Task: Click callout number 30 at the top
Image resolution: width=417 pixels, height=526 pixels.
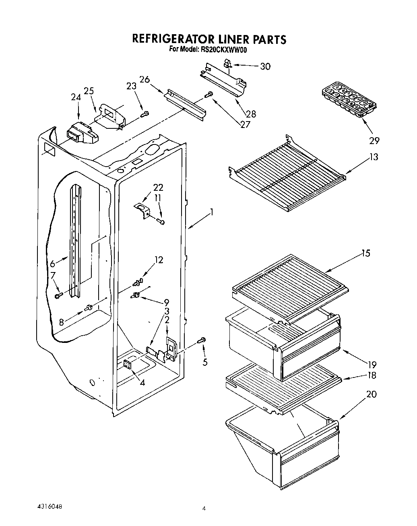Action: (265, 66)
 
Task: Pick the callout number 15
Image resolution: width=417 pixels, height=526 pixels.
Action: (365, 254)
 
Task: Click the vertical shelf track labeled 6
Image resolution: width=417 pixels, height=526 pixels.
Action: (75, 241)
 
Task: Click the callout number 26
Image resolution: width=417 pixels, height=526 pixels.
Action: (145, 79)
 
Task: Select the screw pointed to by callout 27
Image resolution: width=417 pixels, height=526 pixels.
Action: (208, 95)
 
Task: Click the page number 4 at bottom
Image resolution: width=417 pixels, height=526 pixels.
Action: (204, 509)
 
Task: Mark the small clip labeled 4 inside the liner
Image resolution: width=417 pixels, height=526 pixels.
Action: (128, 364)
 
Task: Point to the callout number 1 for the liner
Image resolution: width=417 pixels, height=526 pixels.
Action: (212, 212)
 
